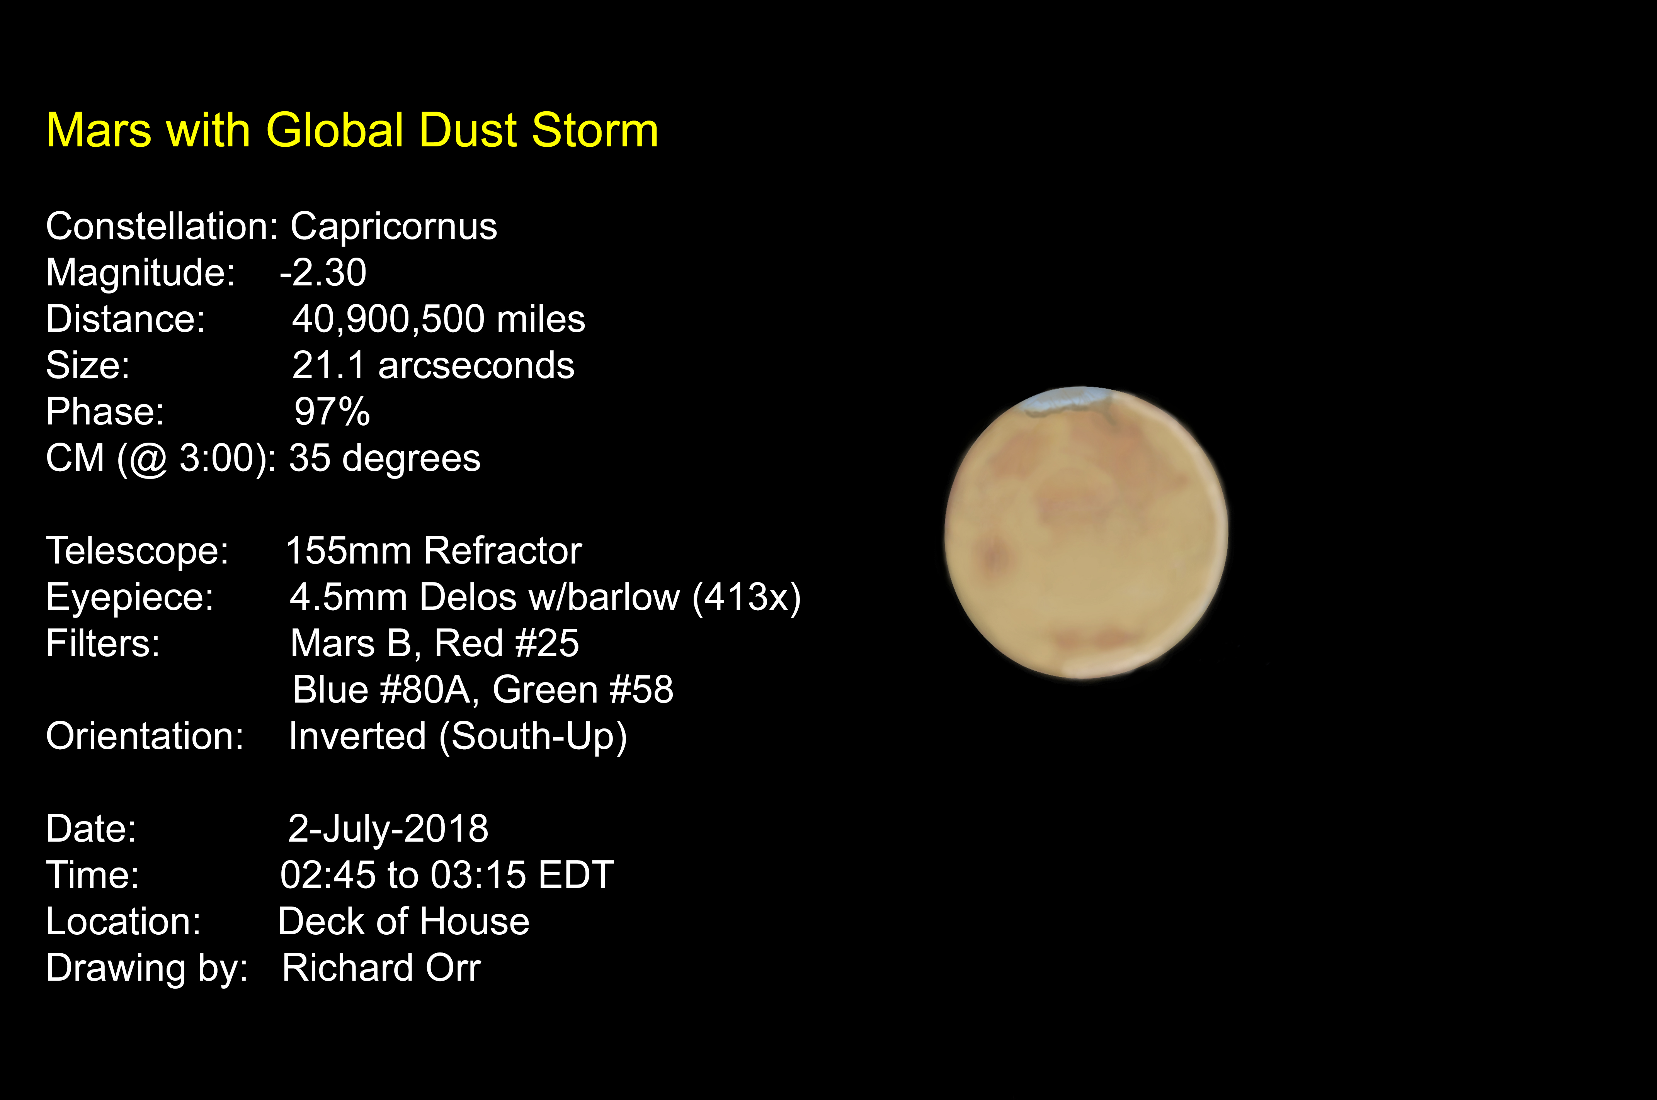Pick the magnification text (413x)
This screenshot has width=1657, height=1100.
[746, 598]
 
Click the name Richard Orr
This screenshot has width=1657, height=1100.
[381, 968]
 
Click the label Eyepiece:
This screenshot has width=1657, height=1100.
[130, 598]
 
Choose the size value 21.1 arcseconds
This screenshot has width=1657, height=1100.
[433, 365]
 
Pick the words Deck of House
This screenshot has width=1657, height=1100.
[403, 922]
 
